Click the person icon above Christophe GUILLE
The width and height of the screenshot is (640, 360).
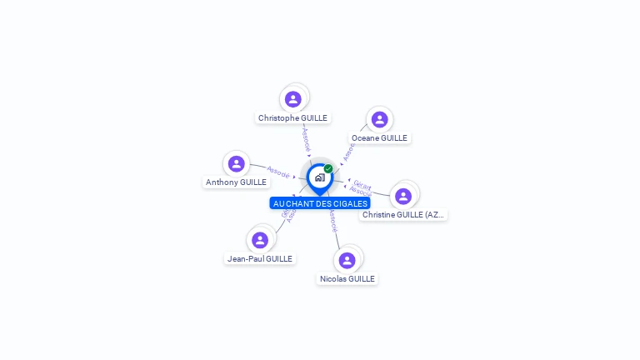(292, 99)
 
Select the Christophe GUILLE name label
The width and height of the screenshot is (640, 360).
(292, 118)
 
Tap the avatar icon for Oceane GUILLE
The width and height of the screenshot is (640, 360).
(379, 119)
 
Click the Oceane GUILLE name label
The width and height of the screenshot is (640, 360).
(379, 138)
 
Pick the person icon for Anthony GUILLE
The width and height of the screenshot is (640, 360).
(237, 163)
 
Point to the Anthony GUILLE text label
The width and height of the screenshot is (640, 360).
(237, 182)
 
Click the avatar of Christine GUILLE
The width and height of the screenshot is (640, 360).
(403, 196)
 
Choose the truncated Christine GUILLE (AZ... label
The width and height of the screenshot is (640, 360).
(403, 215)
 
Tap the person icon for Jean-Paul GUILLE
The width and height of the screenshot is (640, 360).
(260, 240)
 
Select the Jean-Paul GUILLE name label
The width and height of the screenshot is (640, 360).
(260, 259)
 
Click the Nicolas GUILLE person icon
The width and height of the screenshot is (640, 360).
(347, 260)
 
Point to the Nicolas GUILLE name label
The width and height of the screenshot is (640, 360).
(347, 279)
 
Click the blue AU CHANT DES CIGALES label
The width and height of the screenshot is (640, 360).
(320, 203)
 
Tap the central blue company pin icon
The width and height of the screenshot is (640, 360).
(319, 177)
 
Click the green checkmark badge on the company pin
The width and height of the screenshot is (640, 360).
(328, 168)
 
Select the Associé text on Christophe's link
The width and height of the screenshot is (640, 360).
(306, 139)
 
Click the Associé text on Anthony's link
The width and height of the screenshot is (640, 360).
(277, 172)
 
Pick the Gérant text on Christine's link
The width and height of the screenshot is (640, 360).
(362, 184)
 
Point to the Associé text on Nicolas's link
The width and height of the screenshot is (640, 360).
(332, 221)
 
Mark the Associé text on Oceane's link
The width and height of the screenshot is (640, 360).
(348, 152)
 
